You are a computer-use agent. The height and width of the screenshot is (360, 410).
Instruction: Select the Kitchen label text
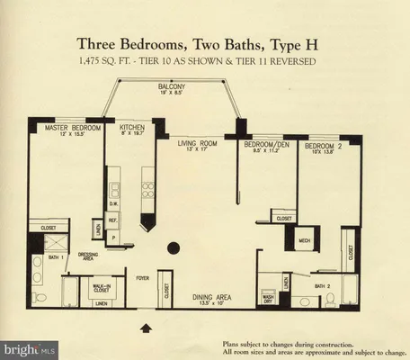pyautogui.click(x=132, y=129)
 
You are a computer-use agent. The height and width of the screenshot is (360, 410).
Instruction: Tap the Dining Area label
pyautogui.click(x=214, y=297)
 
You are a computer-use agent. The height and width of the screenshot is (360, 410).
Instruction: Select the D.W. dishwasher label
pyautogui.click(x=115, y=203)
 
